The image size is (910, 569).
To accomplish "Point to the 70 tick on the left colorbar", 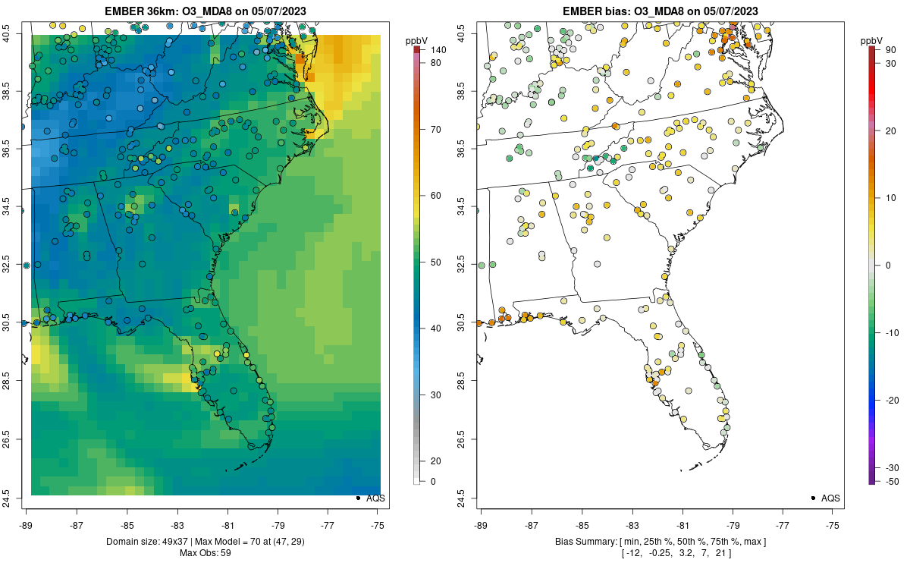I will (x=437, y=129).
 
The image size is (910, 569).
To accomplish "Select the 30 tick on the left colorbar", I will (x=437, y=395).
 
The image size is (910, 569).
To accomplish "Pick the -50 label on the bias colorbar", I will (x=892, y=481).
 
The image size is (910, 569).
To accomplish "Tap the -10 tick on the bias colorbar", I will (x=893, y=332).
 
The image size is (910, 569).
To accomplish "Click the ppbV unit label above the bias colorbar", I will (x=872, y=39).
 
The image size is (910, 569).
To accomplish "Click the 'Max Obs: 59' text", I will (x=205, y=552).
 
